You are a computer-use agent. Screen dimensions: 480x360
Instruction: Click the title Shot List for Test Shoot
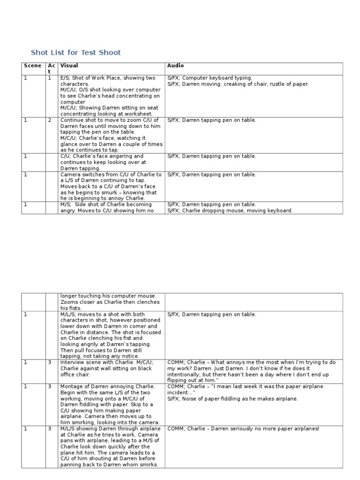75,52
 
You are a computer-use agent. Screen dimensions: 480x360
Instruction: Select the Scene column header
32,66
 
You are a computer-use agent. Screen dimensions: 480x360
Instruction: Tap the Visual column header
69,66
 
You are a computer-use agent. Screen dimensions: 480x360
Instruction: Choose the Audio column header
175,66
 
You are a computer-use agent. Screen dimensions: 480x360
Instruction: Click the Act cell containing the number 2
50,120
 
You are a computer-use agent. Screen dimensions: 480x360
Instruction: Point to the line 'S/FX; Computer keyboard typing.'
210,78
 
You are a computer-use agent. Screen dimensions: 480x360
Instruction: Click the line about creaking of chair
238,84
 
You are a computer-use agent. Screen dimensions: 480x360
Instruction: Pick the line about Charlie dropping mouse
230,210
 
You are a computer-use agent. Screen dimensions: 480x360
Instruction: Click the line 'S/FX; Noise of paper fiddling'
232,399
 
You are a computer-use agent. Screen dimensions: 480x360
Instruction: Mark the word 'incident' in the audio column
178,393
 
